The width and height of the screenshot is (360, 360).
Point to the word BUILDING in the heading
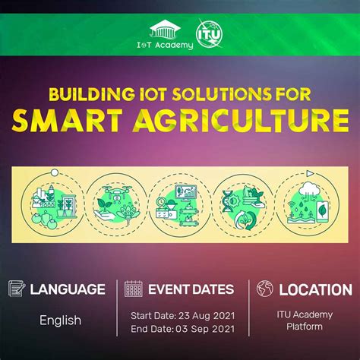(x=81, y=94)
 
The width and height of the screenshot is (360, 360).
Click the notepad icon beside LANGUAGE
(x=17, y=289)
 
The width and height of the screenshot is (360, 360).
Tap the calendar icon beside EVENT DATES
(x=134, y=289)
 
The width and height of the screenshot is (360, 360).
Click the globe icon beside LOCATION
(x=265, y=289)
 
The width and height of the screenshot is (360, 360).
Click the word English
(x=60, y=320)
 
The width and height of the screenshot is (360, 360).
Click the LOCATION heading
(x=315, y=289)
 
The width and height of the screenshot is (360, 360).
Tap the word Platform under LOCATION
(x=304, y=327)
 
